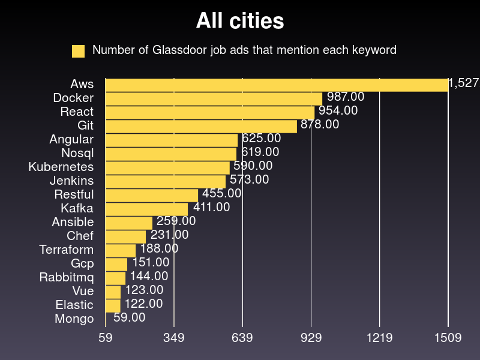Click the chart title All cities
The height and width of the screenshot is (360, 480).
[x=240, y=22]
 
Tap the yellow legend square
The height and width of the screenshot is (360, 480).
[x=78, y=51]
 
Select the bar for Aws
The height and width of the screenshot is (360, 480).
[x=277, y=85]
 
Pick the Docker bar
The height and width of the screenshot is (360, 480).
[x=214, y=98]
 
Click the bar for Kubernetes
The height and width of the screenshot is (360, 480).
[x=167, y=167]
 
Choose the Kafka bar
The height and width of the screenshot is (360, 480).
[x=146, y=209]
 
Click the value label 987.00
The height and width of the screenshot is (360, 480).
[x=346, y=97]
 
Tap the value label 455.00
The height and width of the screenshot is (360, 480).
[x=222, y=193]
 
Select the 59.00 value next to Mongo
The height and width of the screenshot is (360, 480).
[x=129, y=317]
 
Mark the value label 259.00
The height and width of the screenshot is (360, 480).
[x=176, y=221]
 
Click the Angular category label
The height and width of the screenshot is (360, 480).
[x=71, y=139]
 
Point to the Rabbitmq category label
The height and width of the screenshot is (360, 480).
[x=67, y=277]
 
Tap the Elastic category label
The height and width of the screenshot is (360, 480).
[x=74, y=305]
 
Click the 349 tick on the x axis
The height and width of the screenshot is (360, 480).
[x=174, y=338]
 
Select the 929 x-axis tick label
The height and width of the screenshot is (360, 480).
[x=311, y=338]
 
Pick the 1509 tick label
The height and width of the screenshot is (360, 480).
[x=448, y=338]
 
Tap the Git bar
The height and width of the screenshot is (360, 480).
[x=201, y=126]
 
